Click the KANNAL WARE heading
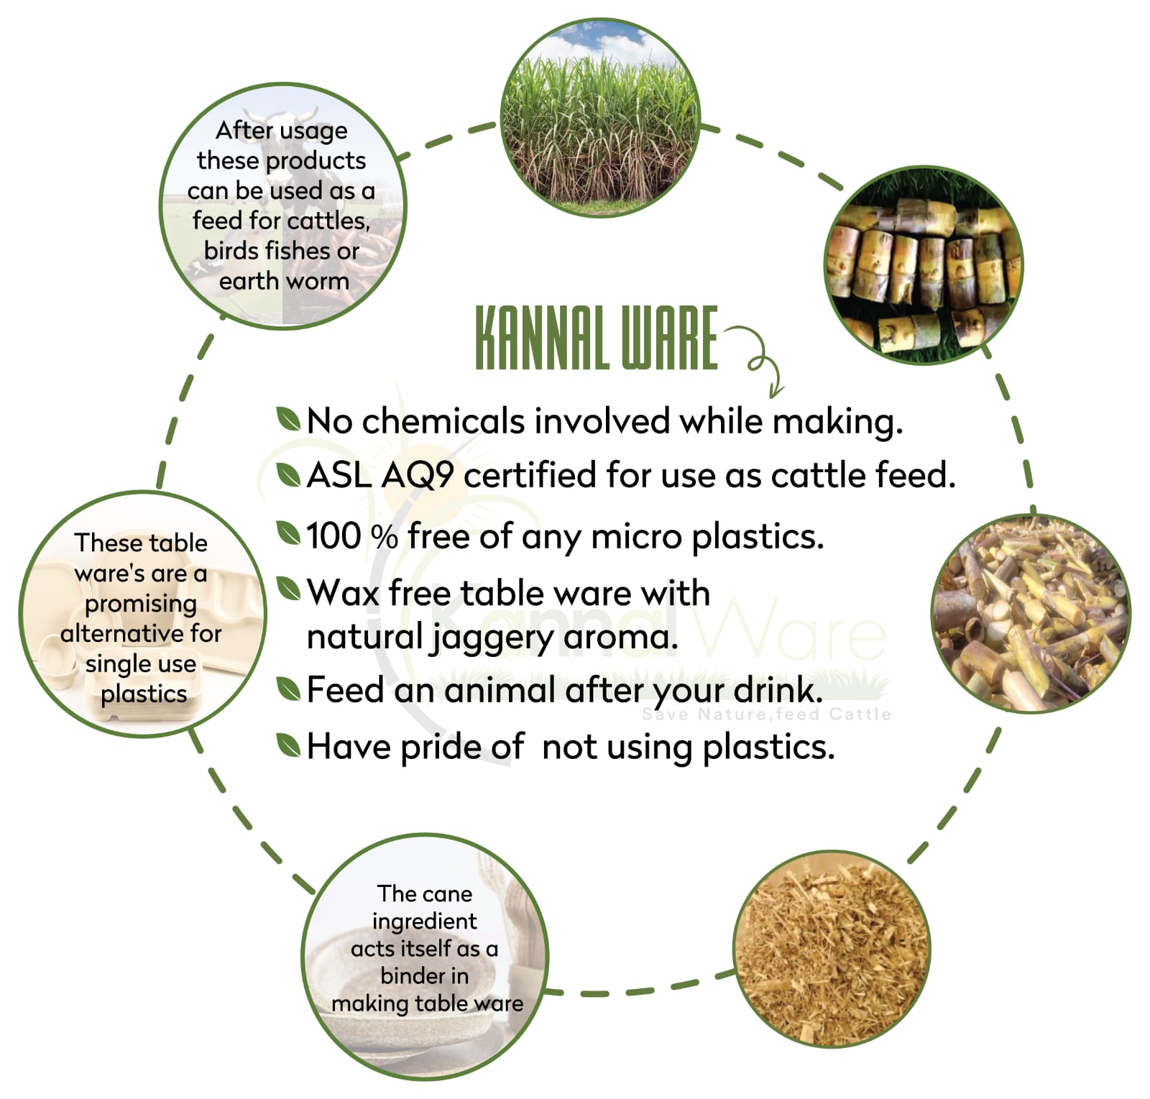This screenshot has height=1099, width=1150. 596,338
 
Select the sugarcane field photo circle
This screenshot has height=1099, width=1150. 599,118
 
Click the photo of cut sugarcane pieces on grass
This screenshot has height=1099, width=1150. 924,265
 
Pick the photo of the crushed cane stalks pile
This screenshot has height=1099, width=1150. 1031,614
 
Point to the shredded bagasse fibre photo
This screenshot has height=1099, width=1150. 832,949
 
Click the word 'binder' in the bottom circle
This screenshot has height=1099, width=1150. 424,975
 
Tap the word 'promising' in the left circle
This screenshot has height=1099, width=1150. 141,604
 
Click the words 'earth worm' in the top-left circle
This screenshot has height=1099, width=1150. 284,281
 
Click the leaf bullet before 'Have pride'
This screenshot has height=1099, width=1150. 288,745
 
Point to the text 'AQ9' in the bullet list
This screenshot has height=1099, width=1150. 418,476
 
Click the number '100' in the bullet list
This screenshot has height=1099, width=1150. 333,536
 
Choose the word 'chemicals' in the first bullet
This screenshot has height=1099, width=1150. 443,420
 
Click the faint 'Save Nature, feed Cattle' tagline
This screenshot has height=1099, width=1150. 766,714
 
